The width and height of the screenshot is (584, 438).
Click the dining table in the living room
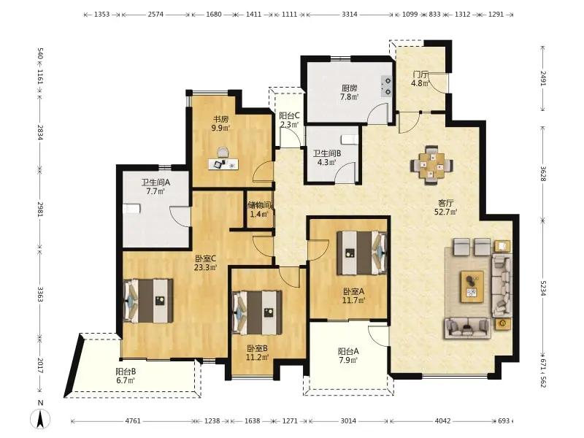pyautogui.click(x=432, y=165)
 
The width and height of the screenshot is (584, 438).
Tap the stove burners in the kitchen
pyautogui.click(x=387, y=85)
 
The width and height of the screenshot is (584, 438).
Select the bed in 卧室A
pyautogui.click(x=361, y=253)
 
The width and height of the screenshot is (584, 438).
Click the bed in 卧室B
pyautogui.click(x=257, y=312)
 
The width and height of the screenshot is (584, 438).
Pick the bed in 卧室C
pyautogui.click(x=149, y=301)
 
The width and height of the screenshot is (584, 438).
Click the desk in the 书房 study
pyautogui.click(x=223, y=164)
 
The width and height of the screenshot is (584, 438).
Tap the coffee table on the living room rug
pyautogui.click(x=472, y=286)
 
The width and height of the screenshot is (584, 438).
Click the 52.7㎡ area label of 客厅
pyautogui.click(x=446, y=212)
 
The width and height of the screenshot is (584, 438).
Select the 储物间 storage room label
pyautogui.click(x=260, y=205)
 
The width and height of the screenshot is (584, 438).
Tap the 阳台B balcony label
pyautogui.click(x=126, y=372)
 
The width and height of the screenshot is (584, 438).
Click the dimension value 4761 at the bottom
pyautogui.click(x=133, y=421)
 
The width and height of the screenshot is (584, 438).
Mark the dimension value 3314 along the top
pyautogui.click(x=350, y=14)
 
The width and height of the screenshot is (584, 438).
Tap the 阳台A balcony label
pyautogui.click(x=348, y=351)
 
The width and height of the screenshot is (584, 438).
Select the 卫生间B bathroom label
pyautogui.click(x=327, y=153)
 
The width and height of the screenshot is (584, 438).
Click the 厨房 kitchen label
pyautogui.click(x=350, y=88)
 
